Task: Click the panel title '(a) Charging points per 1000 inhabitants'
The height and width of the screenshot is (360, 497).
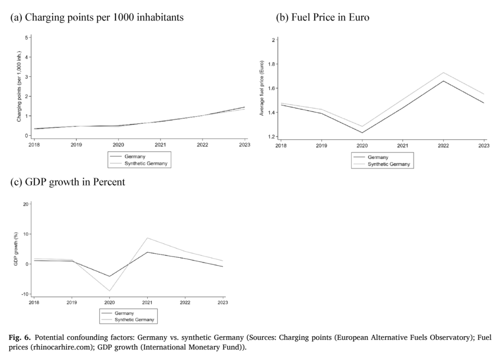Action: tap(97, 17)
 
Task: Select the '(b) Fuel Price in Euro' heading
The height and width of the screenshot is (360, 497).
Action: tap(323, 17)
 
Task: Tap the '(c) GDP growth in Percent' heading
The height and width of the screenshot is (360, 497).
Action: tap(68, 182)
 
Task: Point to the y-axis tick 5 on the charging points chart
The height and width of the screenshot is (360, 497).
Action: tap(26, 37)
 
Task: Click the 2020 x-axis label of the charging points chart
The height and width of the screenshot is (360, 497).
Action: tap(118, 145)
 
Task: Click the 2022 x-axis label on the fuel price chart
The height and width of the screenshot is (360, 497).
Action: tap(443, 145)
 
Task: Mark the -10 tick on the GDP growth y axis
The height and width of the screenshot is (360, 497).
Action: tap(25, 294)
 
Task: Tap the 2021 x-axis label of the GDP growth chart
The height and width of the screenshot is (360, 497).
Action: tap(147, 302)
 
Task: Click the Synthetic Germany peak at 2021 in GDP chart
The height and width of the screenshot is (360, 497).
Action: tap(147, 238)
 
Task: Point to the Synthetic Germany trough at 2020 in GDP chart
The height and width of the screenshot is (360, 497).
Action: tap(110, 291)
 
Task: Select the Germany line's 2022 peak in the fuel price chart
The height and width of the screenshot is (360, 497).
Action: tap(443, 81)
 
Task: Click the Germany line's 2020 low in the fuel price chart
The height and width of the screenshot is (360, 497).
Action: tap(362, 133)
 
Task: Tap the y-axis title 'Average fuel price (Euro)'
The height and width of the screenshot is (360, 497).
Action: tap(262, 88)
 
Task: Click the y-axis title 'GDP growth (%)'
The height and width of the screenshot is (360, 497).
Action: tap(16, 249)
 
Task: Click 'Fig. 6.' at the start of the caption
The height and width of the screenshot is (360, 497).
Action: tap(20, 337)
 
